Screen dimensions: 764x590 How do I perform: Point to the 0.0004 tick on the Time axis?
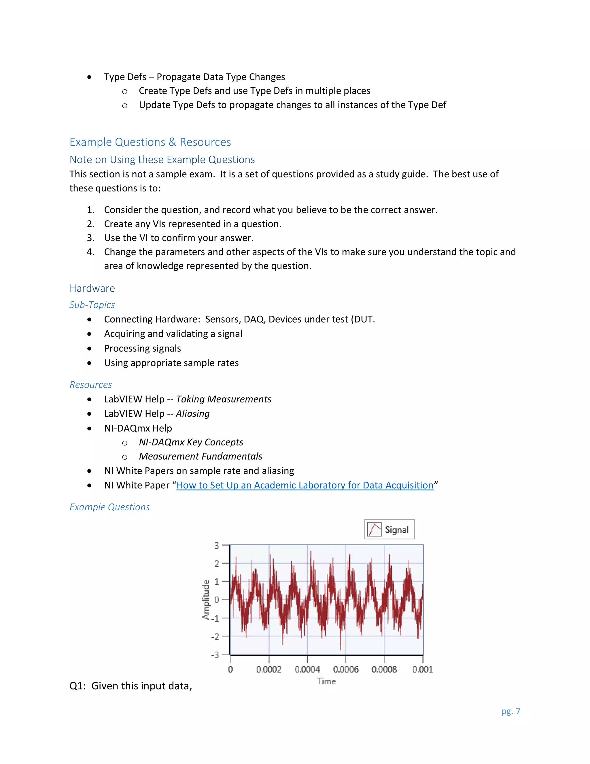[x=307, y=669]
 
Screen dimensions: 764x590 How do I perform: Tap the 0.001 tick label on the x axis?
[x=422, y=669]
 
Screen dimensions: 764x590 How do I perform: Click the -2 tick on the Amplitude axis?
[x=215, y=636]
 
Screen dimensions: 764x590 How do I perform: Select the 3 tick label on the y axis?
[x=217, y=545]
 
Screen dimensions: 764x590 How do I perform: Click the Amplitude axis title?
[x=206, y=600]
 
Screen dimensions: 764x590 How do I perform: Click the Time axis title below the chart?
[x=326, y=681]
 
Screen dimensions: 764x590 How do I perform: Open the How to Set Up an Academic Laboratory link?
[x=305, y=485]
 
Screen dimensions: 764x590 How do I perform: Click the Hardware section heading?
[x=92, y=288]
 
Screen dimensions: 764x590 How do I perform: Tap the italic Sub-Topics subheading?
[x=92, y=305]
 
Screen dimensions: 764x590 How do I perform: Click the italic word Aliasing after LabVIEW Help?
[x=193, y=413]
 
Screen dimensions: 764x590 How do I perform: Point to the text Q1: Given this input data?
[x=131, y=686]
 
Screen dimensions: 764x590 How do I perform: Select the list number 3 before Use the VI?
[x=90, y=238]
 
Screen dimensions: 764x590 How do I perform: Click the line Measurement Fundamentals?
[x=200, y=456]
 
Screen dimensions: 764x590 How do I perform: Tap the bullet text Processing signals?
[x=142, y=349]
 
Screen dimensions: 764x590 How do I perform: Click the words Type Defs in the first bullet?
[x=125, y=77]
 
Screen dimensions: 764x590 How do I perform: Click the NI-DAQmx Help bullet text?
[x=138, y=428]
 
